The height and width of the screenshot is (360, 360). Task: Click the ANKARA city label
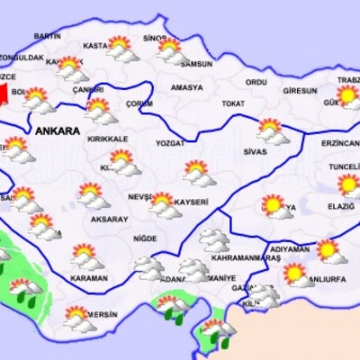point(58,130)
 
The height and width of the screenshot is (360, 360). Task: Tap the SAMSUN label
point(195,64)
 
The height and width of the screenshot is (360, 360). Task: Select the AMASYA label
point(186,87)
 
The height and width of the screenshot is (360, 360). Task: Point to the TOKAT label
point(233,103)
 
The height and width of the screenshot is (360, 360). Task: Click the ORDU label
point(256,82)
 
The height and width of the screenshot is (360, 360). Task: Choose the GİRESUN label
point(300,91)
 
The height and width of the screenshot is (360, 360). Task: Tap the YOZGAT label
point(169,142)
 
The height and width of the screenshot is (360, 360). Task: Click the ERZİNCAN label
point(341,142)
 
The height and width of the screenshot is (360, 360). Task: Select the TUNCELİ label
point(344,167)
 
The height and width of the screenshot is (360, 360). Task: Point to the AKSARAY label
point(110,219)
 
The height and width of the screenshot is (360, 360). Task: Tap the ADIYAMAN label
point(289,248)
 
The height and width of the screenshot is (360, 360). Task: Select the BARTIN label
point(47,35)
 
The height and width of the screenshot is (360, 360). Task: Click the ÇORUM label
point(139,103)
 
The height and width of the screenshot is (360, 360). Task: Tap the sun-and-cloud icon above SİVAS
point(272,130)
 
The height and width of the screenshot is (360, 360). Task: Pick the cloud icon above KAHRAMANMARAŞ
point(213,238)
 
